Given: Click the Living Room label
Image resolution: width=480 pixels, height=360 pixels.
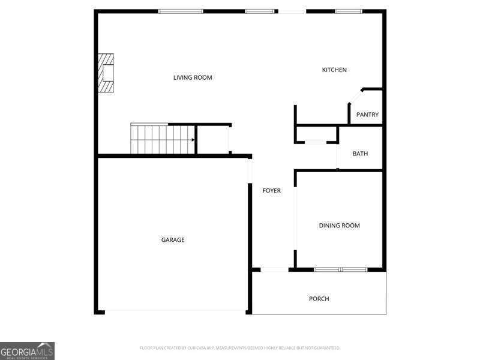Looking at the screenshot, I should (x=193, y=77).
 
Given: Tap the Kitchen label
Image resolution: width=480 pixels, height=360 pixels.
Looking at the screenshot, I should (x=334, y=70).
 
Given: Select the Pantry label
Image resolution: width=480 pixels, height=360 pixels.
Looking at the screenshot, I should (x=367, y=115).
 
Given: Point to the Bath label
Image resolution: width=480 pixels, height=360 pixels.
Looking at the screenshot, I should (x=360, y=154).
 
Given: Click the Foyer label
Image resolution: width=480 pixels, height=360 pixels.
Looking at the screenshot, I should (x=271, y=191).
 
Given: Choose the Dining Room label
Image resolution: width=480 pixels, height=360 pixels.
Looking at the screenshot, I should (x=339, y=226).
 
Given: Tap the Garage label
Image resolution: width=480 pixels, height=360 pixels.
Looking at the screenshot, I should (x=173, y=240).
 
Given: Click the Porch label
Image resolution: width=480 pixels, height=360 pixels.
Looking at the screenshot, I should (x=319, y=299).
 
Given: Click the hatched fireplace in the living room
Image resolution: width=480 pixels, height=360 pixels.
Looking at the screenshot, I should (x=107, y=73).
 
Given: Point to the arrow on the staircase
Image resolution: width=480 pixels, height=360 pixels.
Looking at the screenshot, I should (x=193, y=140).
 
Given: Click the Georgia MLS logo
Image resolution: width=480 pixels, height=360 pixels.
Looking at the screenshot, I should (x=27, y=350).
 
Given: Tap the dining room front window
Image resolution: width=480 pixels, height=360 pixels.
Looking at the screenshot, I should (x=340, y=269).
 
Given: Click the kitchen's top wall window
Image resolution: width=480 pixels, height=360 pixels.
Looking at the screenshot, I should (x=348, y=11).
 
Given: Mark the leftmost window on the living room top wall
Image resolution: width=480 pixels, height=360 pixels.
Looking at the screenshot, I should (x=181, y=11).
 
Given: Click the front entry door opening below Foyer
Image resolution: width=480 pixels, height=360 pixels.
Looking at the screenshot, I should (x=274, y=269).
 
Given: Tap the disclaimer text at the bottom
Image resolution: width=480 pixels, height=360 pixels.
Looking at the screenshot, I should (x=240, y=348).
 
